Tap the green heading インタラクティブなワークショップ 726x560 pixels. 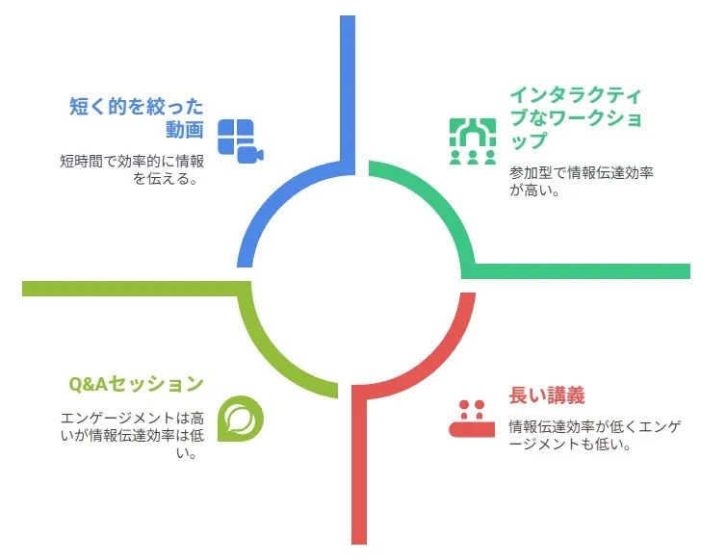tap(576, 118)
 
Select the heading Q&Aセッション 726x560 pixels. tap(136, 384)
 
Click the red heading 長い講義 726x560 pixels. tap(547, 395)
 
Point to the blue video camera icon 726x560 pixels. tap(241, 141)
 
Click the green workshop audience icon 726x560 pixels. tap(473, 141)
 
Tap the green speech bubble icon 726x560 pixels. tap(241, 419)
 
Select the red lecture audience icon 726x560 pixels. tap(472, 419)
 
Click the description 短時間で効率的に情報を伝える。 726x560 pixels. tap(132, 170)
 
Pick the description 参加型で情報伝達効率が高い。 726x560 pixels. tap(581, 182)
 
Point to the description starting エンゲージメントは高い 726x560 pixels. tap(132, 435)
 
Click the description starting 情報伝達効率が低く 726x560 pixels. tap(595, 435)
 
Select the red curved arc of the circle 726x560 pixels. tap(440, 363)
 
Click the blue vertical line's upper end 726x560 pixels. tap(348, 16)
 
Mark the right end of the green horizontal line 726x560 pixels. tap(689, 271)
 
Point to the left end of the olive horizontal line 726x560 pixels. tap(23, 289)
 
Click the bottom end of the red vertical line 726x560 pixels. tap(359, 544)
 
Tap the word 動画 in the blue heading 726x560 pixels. tap(185, 130)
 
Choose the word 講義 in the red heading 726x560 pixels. tap(566, 395)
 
